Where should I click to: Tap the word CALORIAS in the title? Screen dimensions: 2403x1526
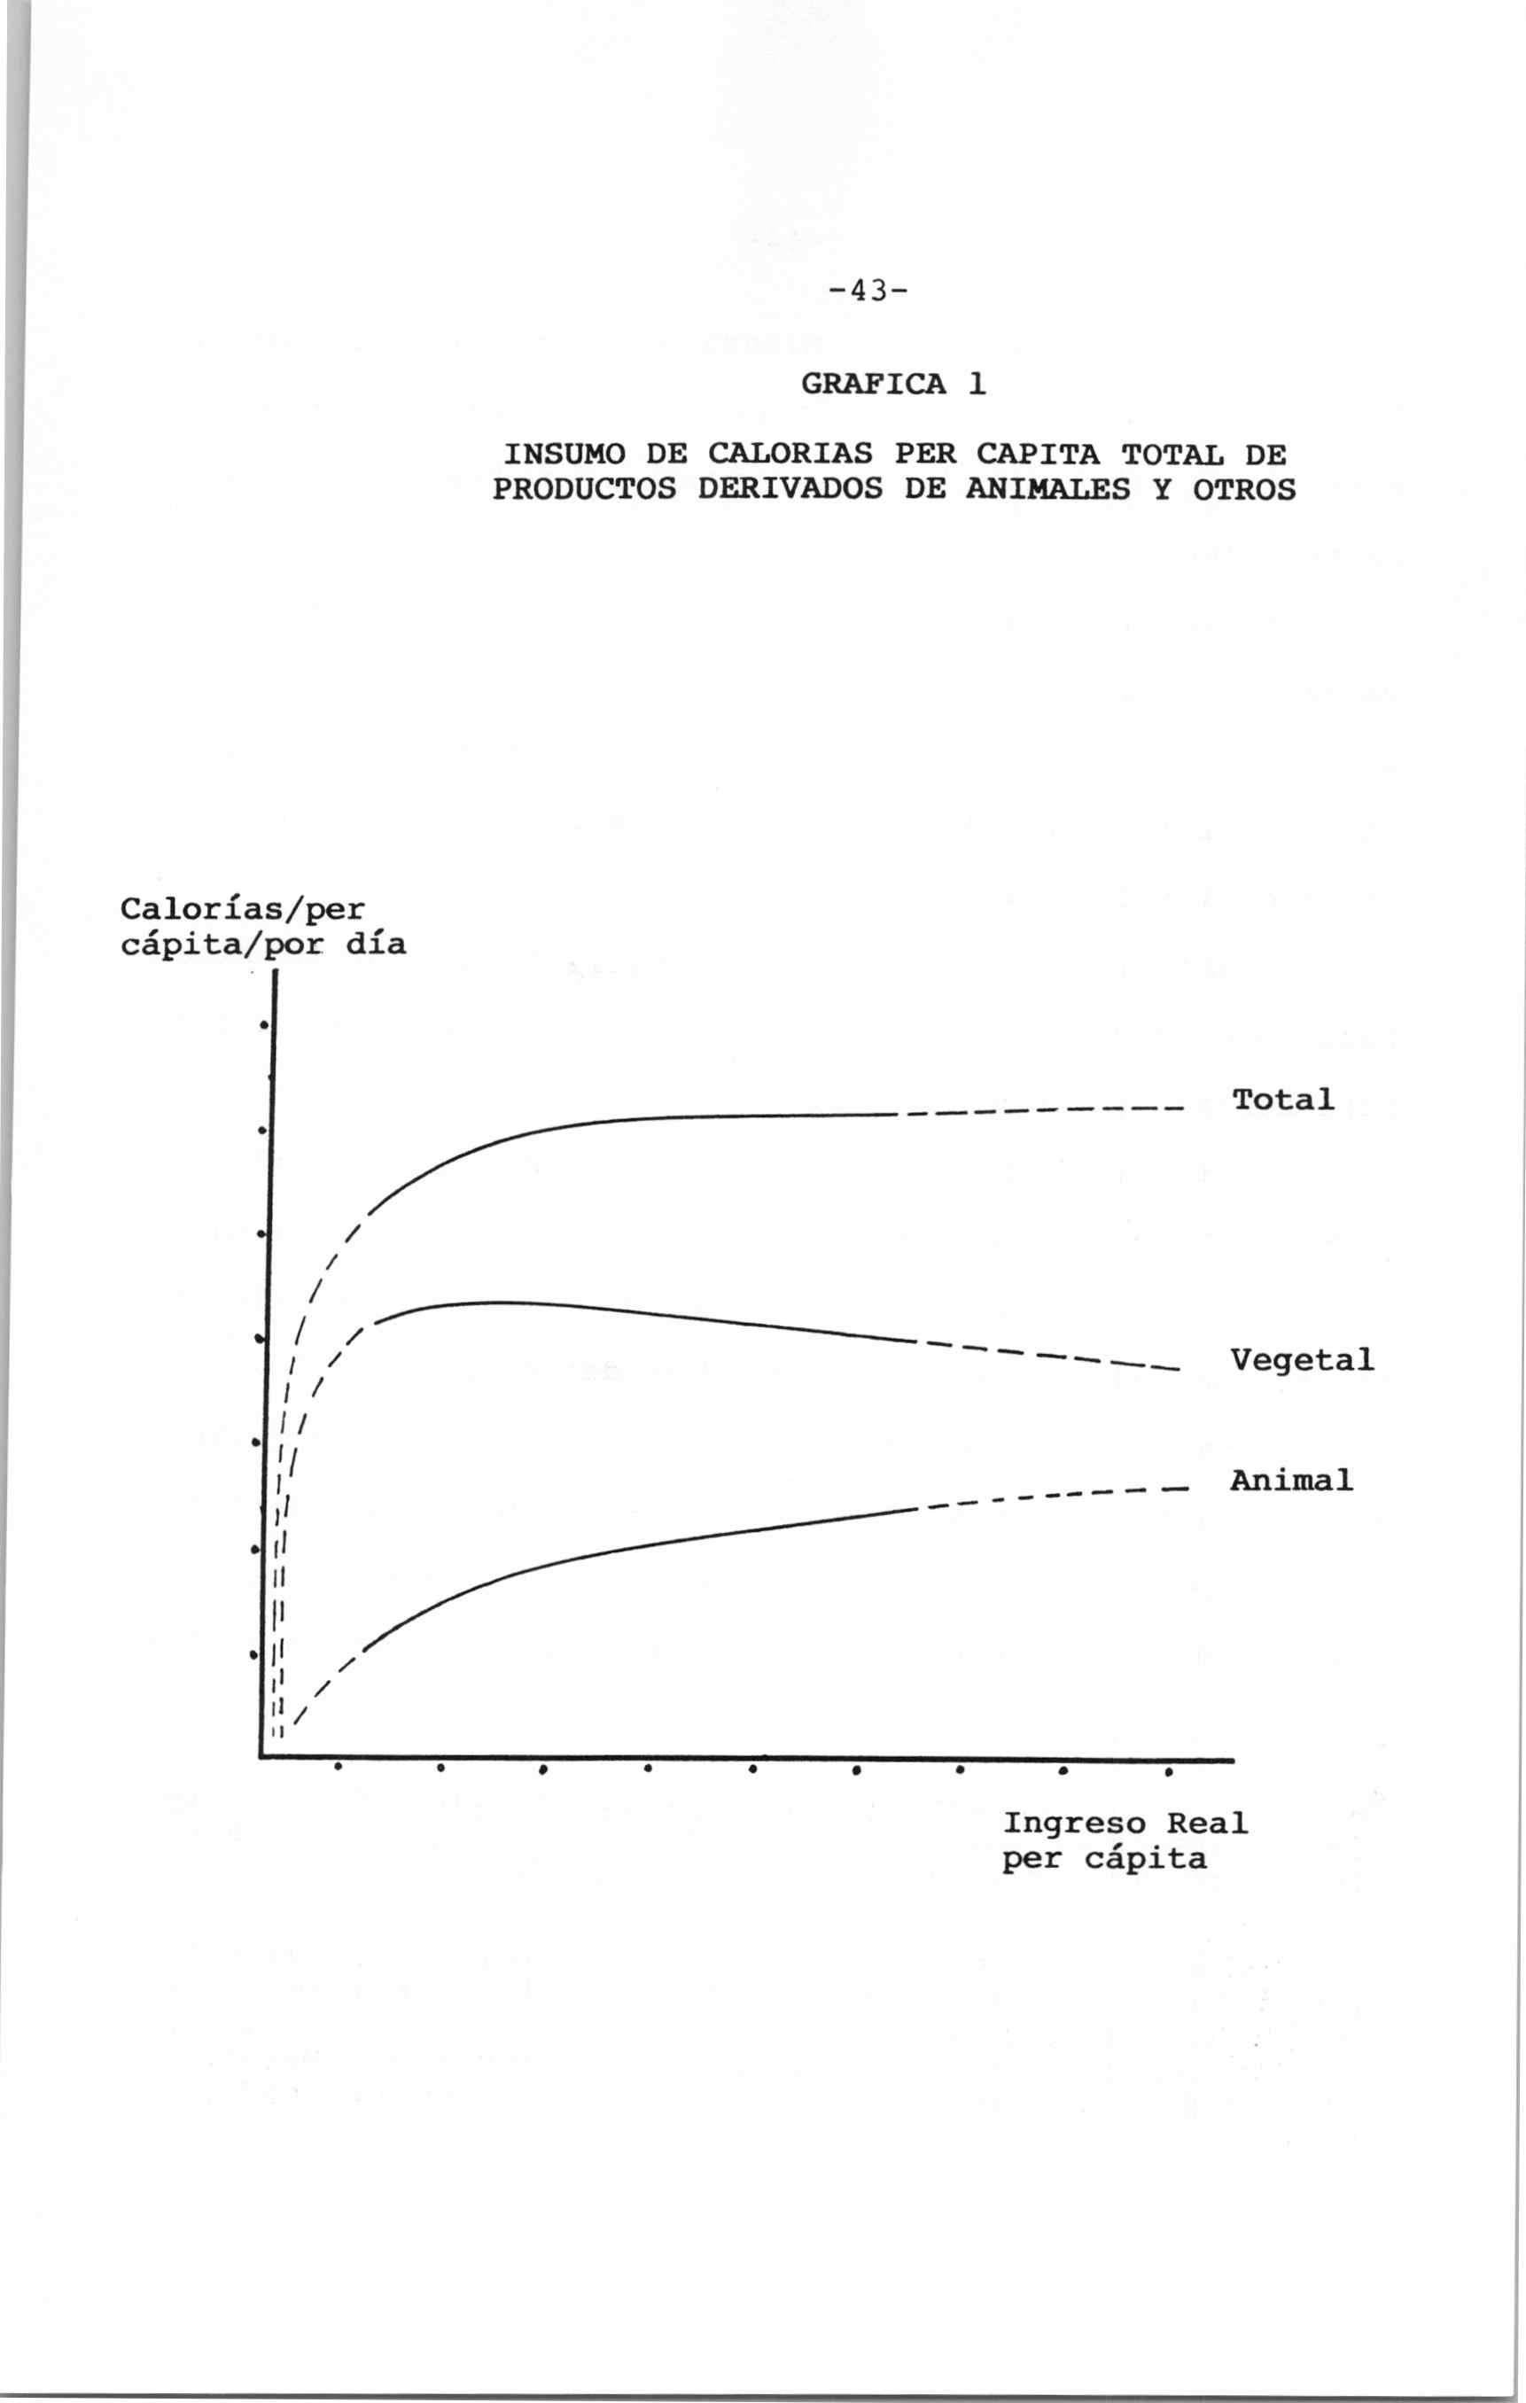pos(790,455)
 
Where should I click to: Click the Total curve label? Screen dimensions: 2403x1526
pos(1282,1100)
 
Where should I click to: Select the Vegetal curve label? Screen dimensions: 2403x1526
pos(1302,1359)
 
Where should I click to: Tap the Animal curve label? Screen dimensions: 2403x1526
pos(1291,1480)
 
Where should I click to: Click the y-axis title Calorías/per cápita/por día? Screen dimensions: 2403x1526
pos(262,926)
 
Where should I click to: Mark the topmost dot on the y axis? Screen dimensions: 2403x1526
pos(262,1025)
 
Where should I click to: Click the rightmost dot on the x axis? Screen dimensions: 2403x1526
pos(1168,1773)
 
